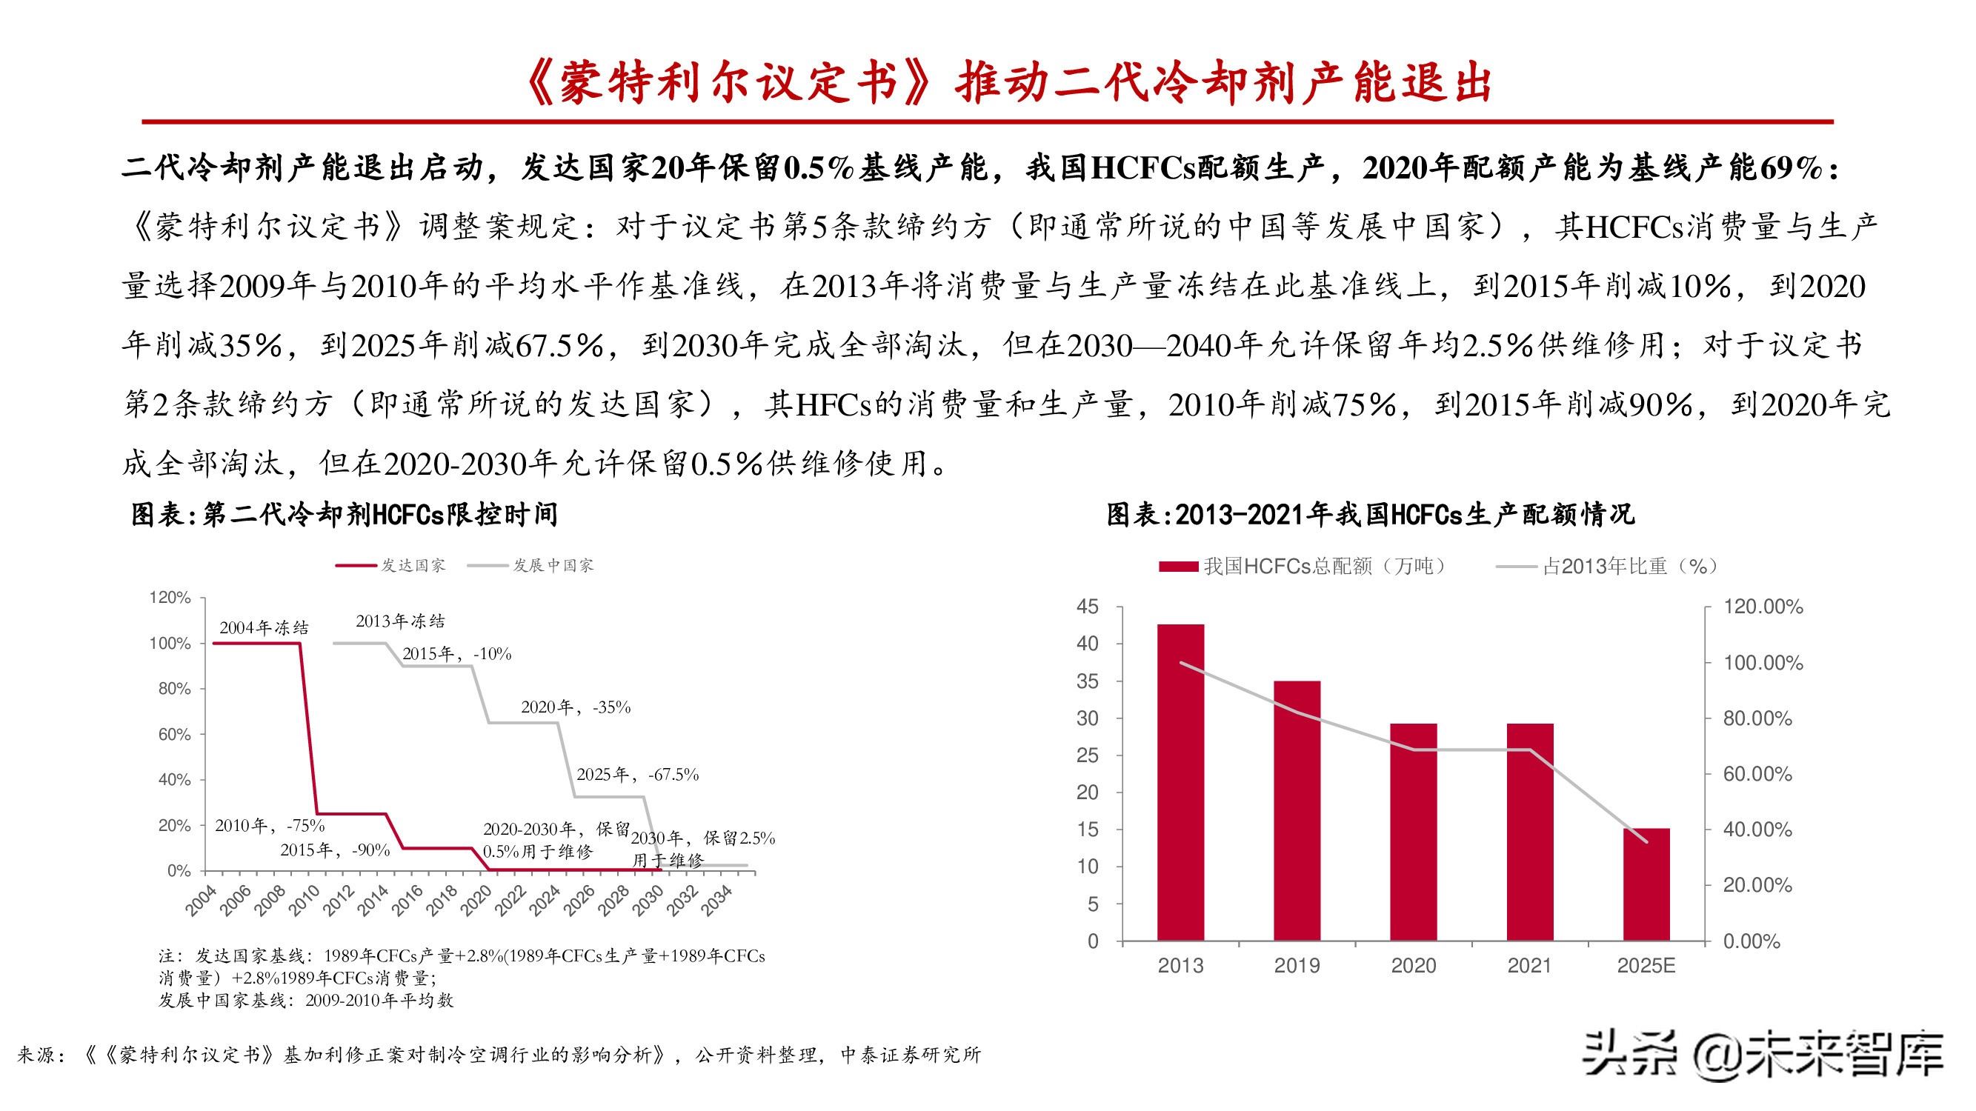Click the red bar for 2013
coord(1180,782)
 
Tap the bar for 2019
coord(1297,810)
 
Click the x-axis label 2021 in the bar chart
coord(1528,965)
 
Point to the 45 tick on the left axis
coord(1087,607)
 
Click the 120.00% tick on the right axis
coord(1762,607)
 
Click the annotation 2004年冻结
coord(264,628)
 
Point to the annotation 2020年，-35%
coord(575,707)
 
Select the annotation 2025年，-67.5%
coord(637,775)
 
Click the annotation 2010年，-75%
coord(269,825)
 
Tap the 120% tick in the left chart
coord(170,597)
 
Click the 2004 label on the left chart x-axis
coord(201,900)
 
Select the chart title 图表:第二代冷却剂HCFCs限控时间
coord(345,515)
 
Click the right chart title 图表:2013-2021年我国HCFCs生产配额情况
coord(1370,515)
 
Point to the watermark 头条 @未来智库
coord(1763,1055)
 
